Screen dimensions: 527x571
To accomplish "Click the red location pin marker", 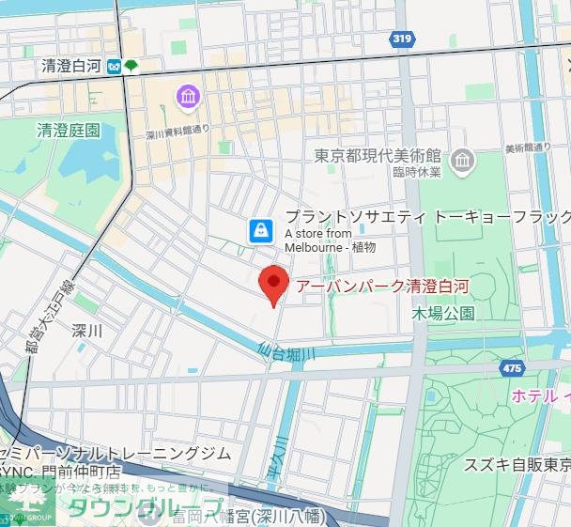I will [272, 282].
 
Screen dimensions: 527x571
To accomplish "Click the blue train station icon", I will [113, 66].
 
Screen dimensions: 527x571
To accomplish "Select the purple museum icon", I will [188, 96].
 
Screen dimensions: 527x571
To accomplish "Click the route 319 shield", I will [403, 39].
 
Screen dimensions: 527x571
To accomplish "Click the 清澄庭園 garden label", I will [69, 131].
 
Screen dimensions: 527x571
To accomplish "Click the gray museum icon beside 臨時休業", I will [462, 163].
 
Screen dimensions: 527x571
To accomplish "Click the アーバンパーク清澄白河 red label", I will [381, 286].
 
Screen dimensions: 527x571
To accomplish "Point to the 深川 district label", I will [85, 330].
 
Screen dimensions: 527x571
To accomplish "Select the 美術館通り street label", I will [528, 147].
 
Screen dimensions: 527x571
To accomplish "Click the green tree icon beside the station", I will [131, 66].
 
